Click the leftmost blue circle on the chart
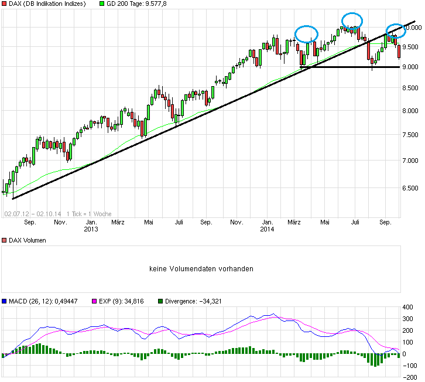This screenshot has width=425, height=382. pos(306,34)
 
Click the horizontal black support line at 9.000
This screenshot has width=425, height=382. pos(351,67)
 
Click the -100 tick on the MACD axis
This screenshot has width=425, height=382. pos(410,366)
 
